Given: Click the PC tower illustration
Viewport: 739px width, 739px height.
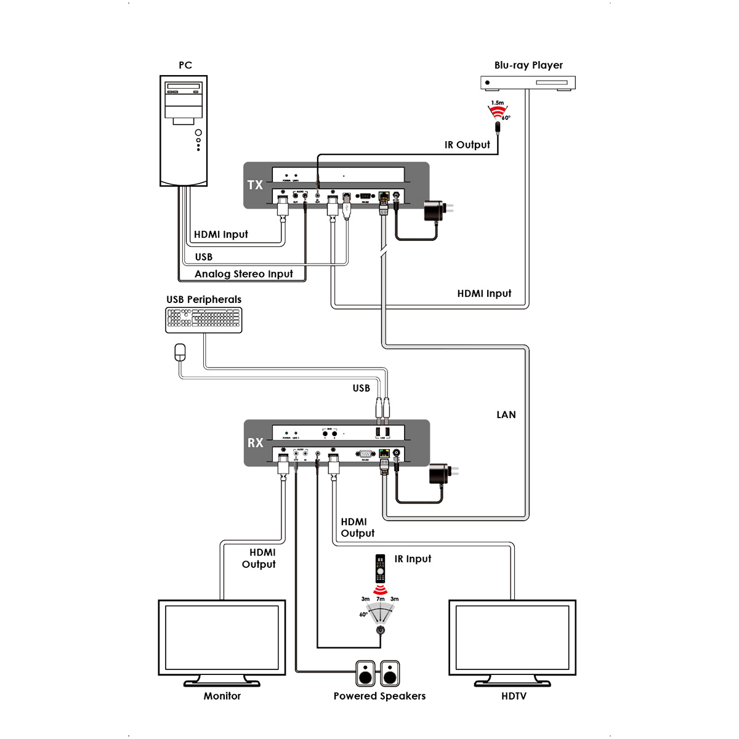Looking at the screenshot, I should point(184,131).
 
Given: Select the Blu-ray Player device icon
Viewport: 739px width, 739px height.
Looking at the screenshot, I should point(528,83).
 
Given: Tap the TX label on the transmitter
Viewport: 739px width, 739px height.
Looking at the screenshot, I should point(255,185).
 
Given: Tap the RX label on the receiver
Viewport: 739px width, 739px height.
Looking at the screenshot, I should point(255,443).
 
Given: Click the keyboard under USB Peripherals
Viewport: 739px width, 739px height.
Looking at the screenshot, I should point(204,320).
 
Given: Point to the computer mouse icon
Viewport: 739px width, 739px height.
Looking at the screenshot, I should point(180,352).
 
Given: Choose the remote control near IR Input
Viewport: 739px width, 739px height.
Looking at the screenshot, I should point(381,569).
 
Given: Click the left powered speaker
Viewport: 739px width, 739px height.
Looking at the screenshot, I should point(366,674).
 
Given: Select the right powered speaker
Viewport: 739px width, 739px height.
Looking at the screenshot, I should point(390,674).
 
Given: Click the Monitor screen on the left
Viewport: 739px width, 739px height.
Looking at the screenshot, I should point(222,638).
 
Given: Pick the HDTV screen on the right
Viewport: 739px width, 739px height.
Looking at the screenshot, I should point(512,638).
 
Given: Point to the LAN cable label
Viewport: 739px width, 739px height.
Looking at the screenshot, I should point(506,414).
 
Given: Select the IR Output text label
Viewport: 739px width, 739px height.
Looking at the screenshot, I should point(467,145).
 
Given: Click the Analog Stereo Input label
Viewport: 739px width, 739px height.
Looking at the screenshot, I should point(244,274).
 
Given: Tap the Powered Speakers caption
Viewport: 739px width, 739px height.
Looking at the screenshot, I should point(379,696).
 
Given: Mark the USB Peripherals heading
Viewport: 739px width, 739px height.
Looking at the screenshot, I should point(204,299).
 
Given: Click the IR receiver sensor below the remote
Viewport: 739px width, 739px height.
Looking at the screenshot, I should point(381,629).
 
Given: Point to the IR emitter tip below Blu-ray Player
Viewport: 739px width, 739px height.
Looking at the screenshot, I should point(498,128).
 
